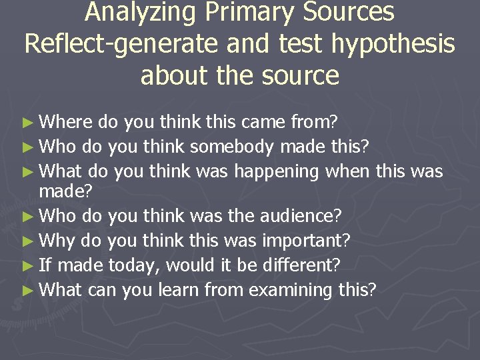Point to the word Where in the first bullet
67,121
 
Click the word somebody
231,147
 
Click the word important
312,240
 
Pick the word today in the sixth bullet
134,265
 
